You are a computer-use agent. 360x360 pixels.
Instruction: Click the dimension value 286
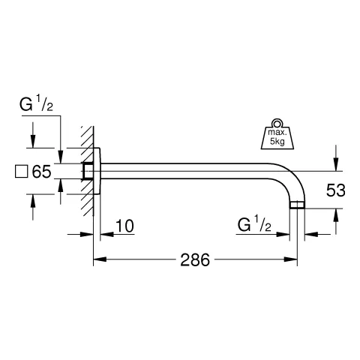coord(194,260)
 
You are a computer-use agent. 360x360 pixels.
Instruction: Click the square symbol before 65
coord(22,172)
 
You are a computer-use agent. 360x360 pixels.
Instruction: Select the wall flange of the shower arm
coord(96,172)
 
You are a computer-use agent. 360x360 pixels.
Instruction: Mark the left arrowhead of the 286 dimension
coord(97,260)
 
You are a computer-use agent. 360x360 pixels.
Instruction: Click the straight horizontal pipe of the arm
coord(195,172)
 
